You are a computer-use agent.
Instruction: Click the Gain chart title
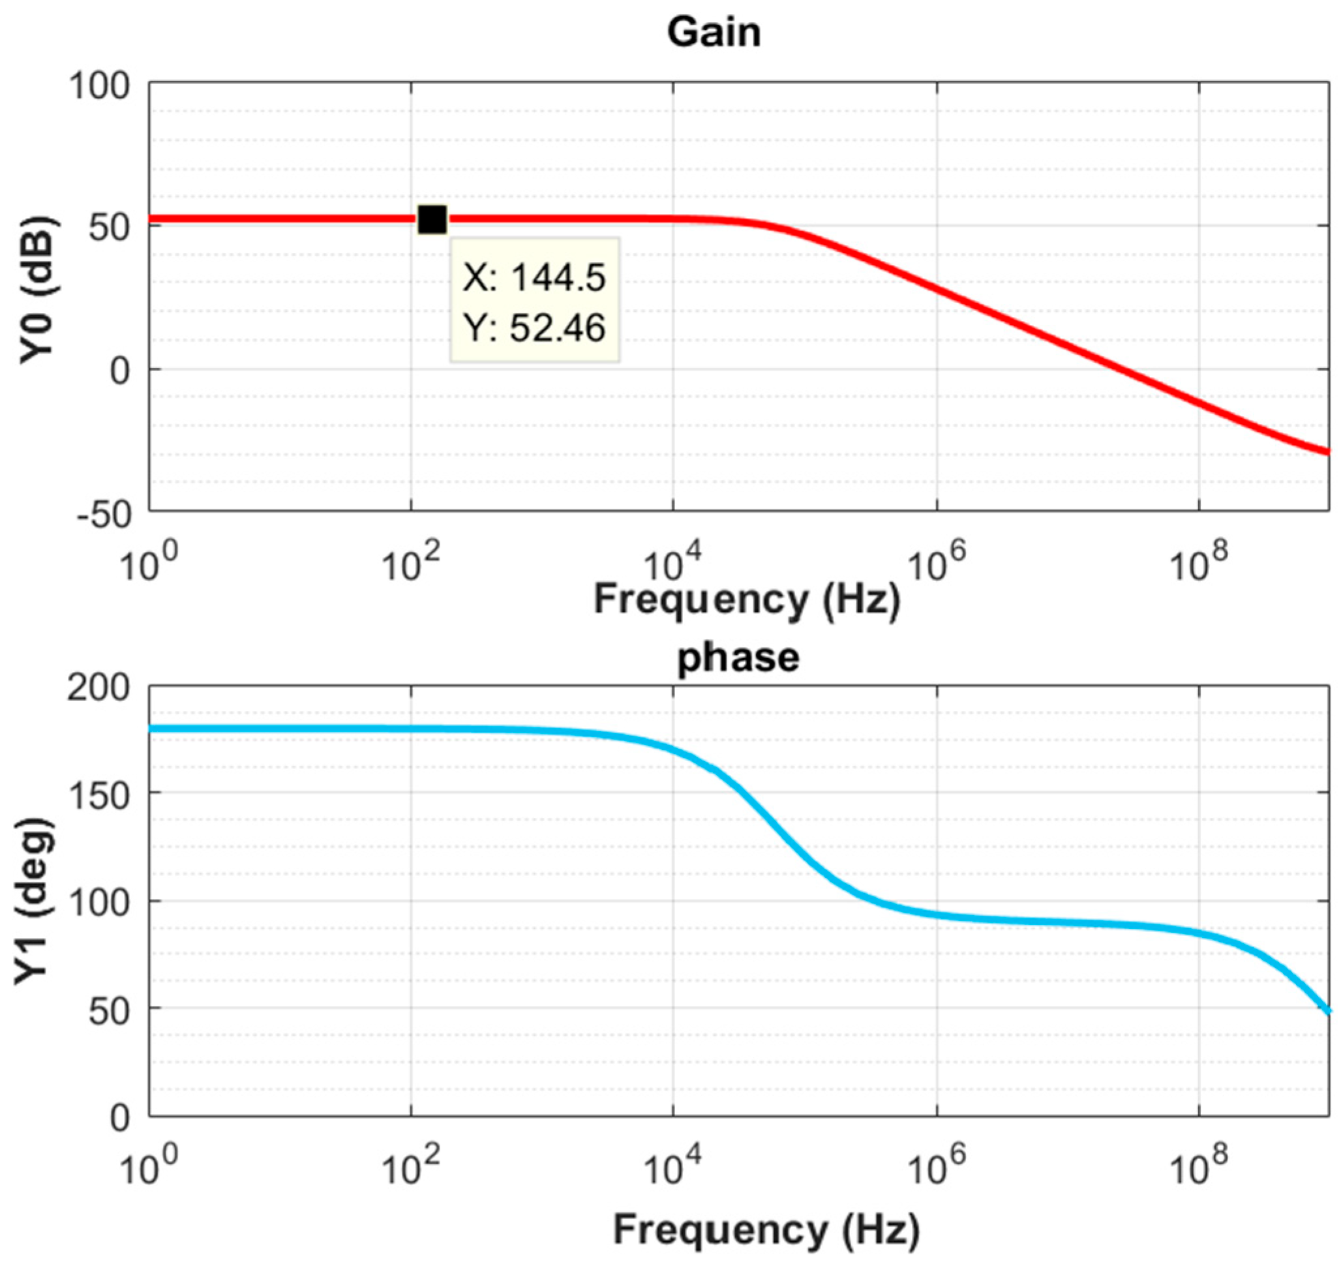pos(714,33)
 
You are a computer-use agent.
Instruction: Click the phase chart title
pos(738,657)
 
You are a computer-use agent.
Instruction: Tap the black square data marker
pos(432,220)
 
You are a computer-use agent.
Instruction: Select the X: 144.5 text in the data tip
pos(534,277)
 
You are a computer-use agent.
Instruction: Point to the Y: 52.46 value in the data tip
pos(534,329)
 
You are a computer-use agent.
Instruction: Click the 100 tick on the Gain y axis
pos(99,87)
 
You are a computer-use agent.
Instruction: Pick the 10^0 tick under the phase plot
pos(147,1169)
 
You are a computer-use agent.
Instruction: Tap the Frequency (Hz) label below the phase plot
pos(766,1229)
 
